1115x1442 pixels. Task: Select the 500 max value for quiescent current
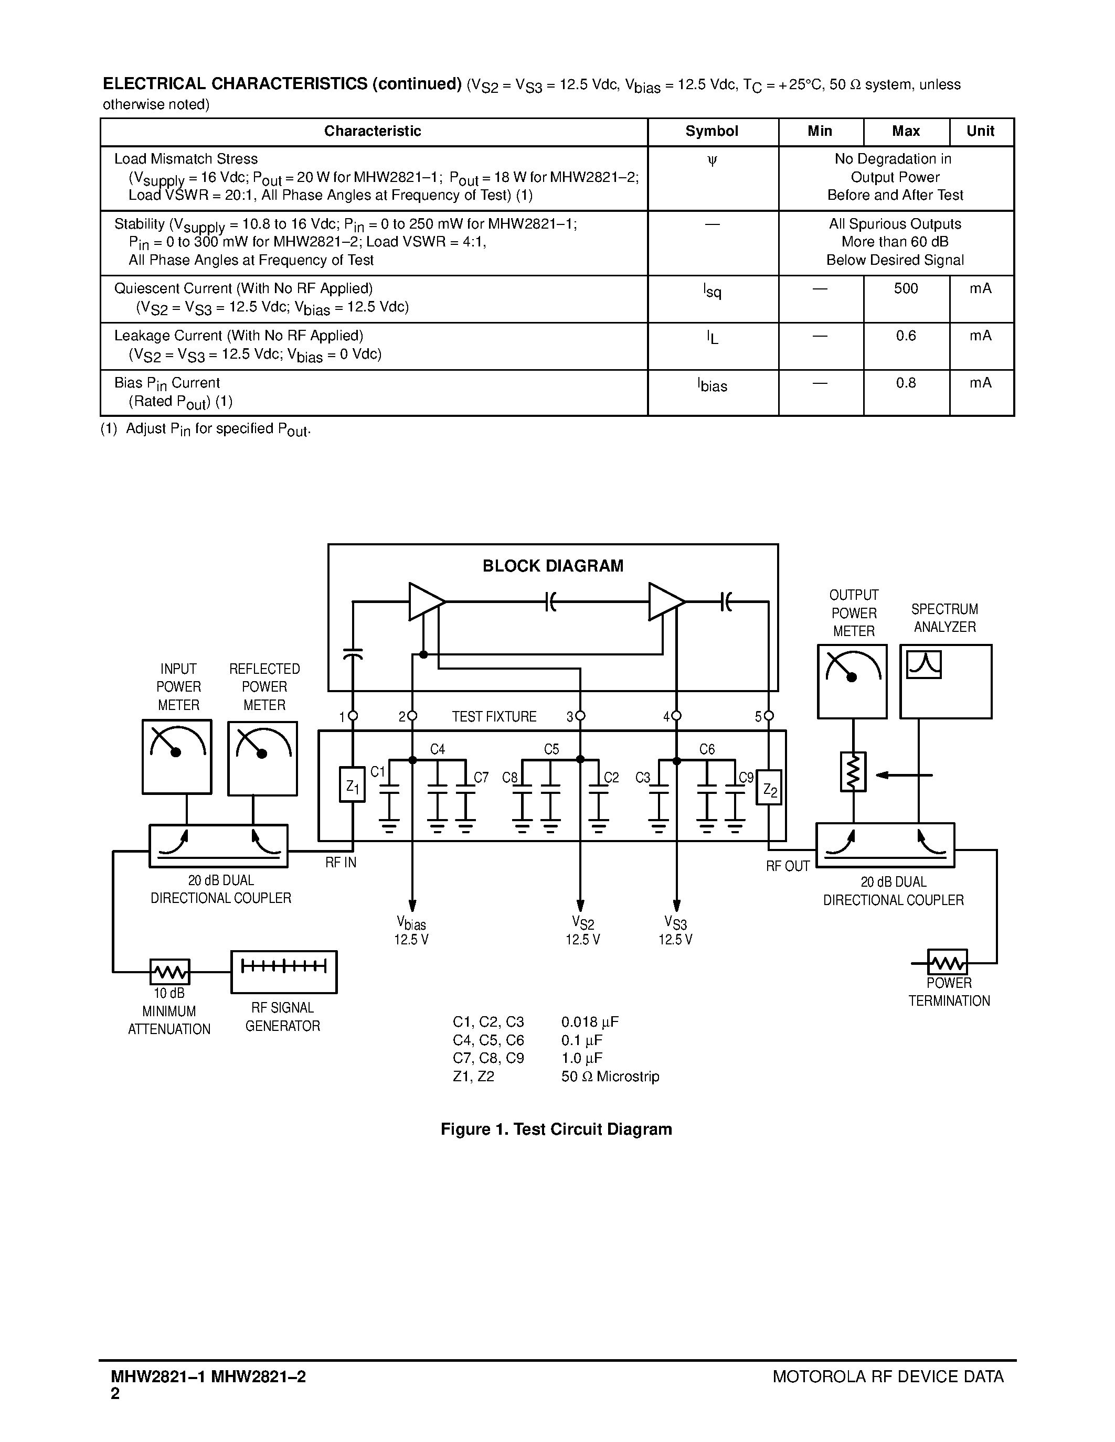[906, 288]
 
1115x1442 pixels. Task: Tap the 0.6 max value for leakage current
[906, 336]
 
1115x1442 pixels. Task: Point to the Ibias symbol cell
[712, 385]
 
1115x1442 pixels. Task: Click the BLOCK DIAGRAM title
[553, 566]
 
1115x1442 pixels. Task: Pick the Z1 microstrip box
[352, 784]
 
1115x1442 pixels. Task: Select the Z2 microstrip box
[769, 788]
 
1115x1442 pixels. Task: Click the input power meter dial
[177, 757]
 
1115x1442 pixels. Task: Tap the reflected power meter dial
[263, 758]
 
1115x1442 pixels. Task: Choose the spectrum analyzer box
[945, 681]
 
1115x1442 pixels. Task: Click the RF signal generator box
[284, 972]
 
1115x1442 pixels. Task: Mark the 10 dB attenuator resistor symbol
[170, 972]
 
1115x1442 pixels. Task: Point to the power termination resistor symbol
[947, 962]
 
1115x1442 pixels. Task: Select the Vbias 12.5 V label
[411, 931]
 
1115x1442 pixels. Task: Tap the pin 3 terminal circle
[580, 716]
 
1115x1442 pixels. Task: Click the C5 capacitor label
[551, 749]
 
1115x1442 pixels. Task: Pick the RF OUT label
[788, 866]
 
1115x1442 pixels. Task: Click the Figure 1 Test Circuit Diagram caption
[556, 1129]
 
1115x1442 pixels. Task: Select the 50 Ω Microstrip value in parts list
[610, 1076]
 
